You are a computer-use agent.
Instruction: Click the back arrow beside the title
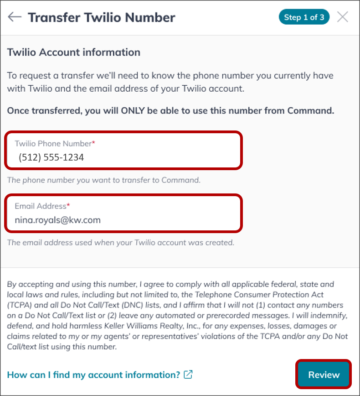[15, 17]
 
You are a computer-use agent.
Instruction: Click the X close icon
[342, 17]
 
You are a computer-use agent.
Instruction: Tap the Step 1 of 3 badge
[304, 17]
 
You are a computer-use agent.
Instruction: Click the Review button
[324, 375]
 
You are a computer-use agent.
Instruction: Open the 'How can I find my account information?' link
[94, 375]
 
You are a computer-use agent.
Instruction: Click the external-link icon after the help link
[188, 375]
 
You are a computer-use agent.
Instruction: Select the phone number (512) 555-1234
[51, 157]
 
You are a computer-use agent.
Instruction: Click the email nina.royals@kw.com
[58, 220]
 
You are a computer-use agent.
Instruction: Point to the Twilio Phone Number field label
[53, 143]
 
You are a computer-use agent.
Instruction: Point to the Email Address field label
[40, 206]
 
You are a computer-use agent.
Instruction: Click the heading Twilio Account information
[74, 52]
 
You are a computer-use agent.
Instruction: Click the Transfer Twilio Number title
[101, 17]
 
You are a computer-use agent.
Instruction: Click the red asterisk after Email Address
[68, 206]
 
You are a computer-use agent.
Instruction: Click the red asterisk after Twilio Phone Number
[93, 143]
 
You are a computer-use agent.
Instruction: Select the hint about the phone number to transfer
[104, 180]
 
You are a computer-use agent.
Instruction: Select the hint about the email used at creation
[121, 242]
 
